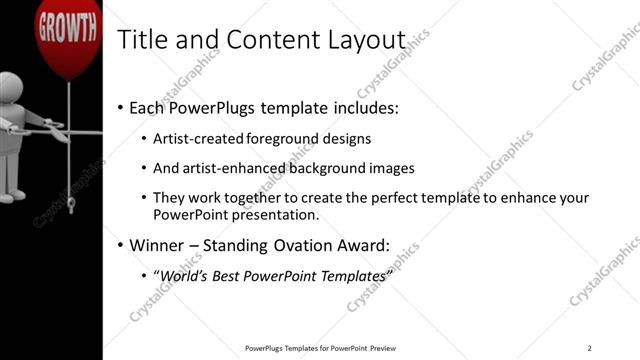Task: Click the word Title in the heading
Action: [x=140, y=40]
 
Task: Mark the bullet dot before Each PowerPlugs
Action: [x=121, y=106]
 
